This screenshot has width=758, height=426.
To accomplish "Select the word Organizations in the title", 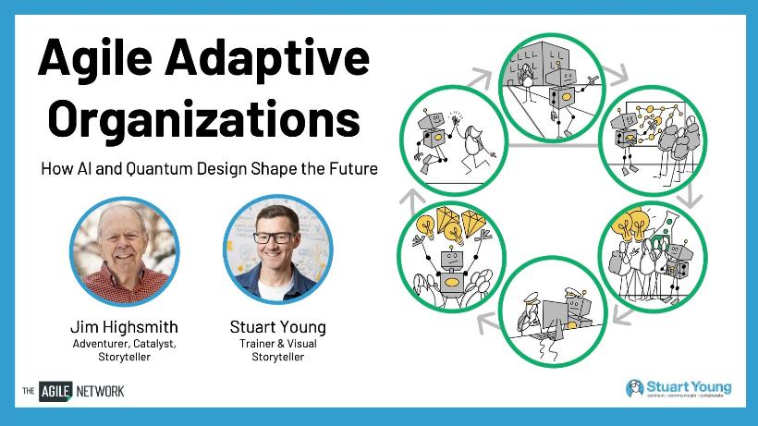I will pos(204,120).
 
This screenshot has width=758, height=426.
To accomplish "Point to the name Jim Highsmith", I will pos(125,327).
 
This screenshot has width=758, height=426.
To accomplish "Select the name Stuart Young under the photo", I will pos(278,327).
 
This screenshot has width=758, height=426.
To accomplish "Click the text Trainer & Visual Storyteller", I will pos(278,350).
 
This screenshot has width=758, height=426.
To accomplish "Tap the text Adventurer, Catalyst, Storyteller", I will pos(125,350).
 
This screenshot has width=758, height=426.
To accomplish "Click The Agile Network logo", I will pos(73,391).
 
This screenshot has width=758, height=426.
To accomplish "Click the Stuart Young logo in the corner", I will pos(679,388).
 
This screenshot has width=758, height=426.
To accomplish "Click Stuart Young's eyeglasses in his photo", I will pos(275,237).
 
